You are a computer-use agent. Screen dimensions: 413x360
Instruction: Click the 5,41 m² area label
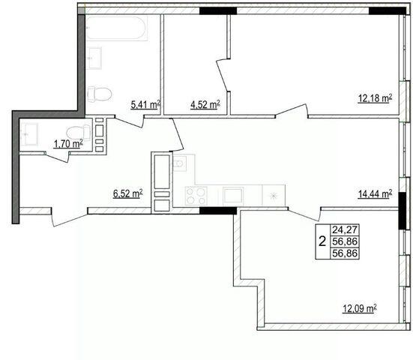point(145,105)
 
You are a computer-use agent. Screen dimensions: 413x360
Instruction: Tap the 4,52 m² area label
point(205,105)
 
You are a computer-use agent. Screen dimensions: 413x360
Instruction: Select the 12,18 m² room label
point(375,98)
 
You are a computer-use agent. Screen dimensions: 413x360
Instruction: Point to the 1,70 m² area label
point(68,144)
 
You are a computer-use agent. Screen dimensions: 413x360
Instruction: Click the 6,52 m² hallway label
point(128,193)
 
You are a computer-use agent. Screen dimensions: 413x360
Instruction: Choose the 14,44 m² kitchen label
point(375,194)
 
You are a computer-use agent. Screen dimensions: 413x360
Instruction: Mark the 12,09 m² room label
point(360,308)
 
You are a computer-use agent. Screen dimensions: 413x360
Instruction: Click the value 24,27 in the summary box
point(345,229)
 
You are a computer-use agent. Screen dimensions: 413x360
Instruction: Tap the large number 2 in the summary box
point(322,241)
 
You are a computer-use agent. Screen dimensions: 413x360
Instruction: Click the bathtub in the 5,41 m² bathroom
point(116,28)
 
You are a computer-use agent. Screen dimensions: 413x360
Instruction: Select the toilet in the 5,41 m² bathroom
point(99,94)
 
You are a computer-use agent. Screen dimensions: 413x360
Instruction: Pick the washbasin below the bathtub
point(94,58)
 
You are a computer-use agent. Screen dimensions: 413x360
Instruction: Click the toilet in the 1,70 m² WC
point(78,132)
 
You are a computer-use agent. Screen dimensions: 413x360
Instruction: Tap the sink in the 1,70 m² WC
point(29,134)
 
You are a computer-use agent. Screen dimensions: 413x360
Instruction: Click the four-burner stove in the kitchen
point(196,196)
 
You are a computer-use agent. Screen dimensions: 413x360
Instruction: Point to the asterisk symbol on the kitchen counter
point(274,196)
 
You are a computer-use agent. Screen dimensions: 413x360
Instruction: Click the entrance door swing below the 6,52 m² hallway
point(69,217)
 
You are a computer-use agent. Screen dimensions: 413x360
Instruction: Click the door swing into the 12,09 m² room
point(305,214)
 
